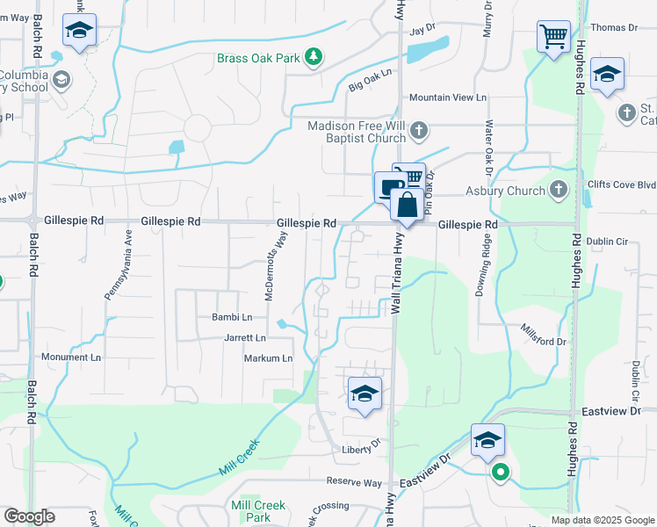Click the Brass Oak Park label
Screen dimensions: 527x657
pos(260,59)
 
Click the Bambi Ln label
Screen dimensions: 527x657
pos(232,317)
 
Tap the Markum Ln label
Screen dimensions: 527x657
pos(268,358)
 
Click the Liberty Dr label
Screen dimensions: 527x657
pos(361,450)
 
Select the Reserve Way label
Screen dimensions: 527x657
pos(354,482)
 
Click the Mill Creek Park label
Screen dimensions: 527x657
pos(258,511)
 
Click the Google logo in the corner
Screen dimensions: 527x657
pos(29,516)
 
